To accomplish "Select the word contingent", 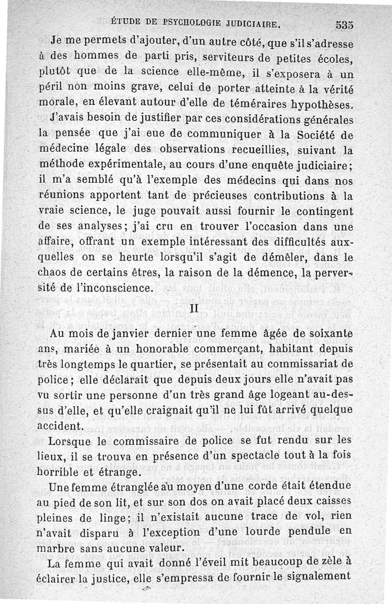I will click(x=321, y=212).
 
